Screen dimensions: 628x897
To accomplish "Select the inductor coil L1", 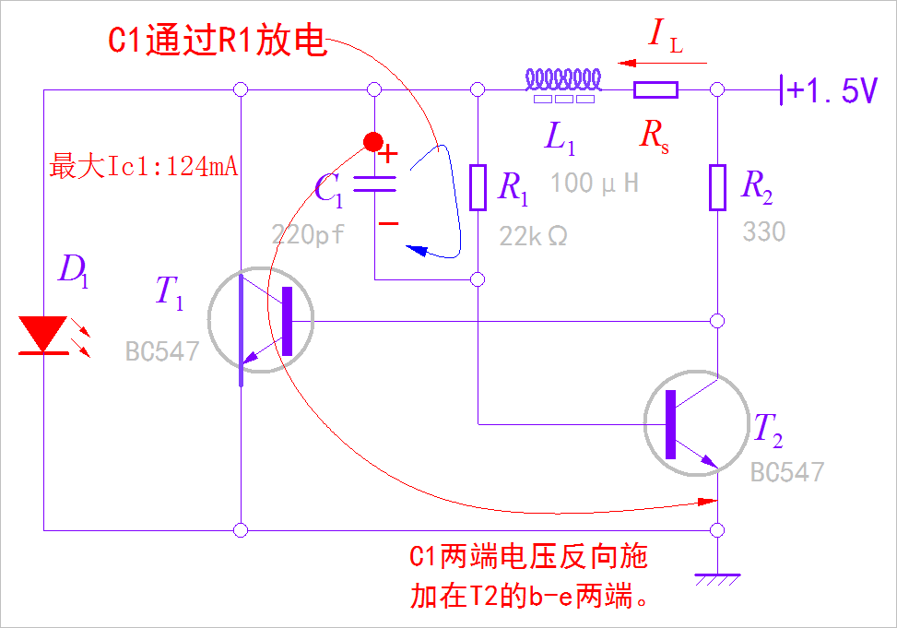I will coord(563,80).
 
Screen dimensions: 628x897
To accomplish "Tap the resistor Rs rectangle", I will coord(655,89).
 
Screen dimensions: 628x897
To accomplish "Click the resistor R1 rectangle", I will coord(478,187).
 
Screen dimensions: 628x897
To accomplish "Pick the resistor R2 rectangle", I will coord(717,187).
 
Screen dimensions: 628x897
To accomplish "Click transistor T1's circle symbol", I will coord(261,320).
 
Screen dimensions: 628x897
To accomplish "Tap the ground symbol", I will coord(717,578).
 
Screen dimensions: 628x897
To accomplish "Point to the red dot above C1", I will coord(372,141).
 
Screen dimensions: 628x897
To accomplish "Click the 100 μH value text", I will coord(595,184).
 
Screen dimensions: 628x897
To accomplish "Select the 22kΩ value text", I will coord(534,236).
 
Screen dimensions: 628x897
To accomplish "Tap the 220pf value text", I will coord(308,235).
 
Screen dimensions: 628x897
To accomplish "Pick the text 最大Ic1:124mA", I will coord(144,167).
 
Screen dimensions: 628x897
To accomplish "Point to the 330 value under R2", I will coord(764,231).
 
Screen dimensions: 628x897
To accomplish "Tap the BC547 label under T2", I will coord(786,473).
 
